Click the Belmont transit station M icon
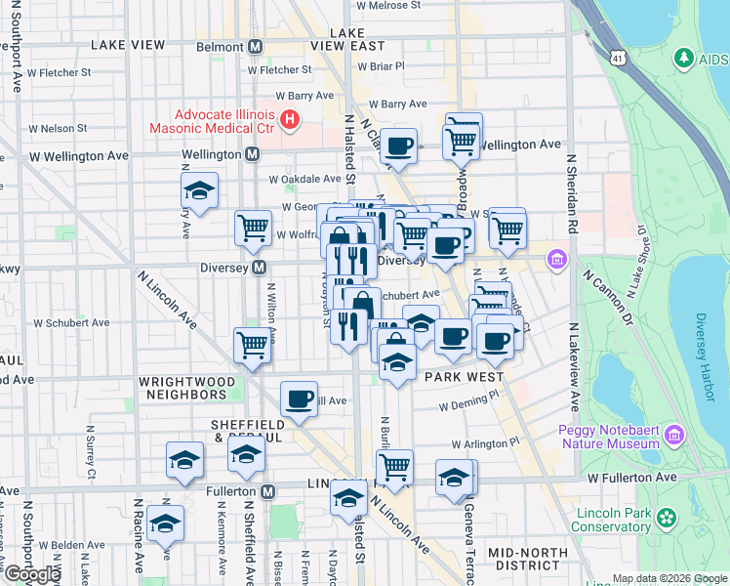point(256,46)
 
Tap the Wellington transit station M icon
point(252,154)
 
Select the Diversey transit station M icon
point(260,268)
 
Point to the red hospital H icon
point(290,120)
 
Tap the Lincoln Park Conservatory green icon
point(668,517)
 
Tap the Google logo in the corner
point(32,574)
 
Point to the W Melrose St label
point(388,5)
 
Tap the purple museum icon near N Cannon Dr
point(557,259)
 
